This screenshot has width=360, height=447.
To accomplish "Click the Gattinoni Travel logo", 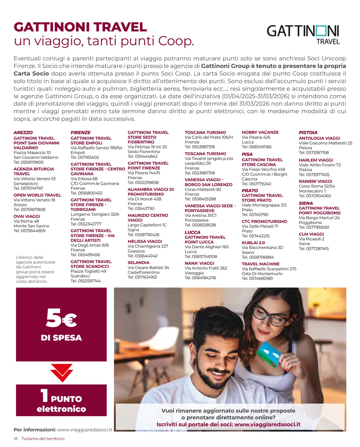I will [303, 34].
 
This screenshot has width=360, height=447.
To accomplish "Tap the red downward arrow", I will [62, 372].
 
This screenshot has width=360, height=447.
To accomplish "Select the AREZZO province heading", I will [23, 133].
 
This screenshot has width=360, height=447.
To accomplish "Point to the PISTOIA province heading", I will [308, 133].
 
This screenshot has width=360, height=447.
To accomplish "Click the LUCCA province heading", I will [193, 232].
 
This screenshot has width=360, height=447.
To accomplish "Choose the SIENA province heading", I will [306, 203].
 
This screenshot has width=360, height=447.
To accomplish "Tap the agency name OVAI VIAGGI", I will [27, 217].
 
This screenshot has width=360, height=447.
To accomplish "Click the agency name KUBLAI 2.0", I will [253, 243].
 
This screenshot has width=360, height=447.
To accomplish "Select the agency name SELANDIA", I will [138, 263].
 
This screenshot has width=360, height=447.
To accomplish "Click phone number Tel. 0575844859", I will [29, 231].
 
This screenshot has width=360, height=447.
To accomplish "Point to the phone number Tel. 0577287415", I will [314, 249].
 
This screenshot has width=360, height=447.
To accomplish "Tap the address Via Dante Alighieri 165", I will [207, 247].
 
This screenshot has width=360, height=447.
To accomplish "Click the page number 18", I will [16, 439].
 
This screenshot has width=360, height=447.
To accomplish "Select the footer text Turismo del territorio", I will [43, 439].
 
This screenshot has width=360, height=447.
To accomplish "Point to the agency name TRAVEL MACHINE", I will [260, 264].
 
